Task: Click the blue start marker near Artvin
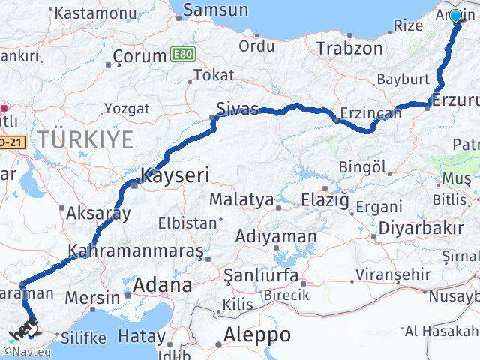point(455,16)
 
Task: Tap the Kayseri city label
point(175,176)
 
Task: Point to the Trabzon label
point(349,49)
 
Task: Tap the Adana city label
point(162,285)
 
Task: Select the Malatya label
point(241,199)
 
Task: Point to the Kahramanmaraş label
point(135,250)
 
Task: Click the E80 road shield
point(181,54)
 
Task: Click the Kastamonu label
point(93,13)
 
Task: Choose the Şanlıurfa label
point(260,275)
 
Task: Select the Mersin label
point(92,298)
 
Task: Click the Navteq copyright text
point(25,351)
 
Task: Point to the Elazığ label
point(325,200)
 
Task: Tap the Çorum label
point(139,56)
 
